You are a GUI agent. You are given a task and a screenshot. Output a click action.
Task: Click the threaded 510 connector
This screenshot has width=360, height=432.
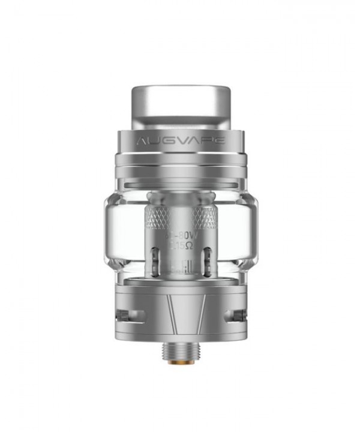180,351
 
